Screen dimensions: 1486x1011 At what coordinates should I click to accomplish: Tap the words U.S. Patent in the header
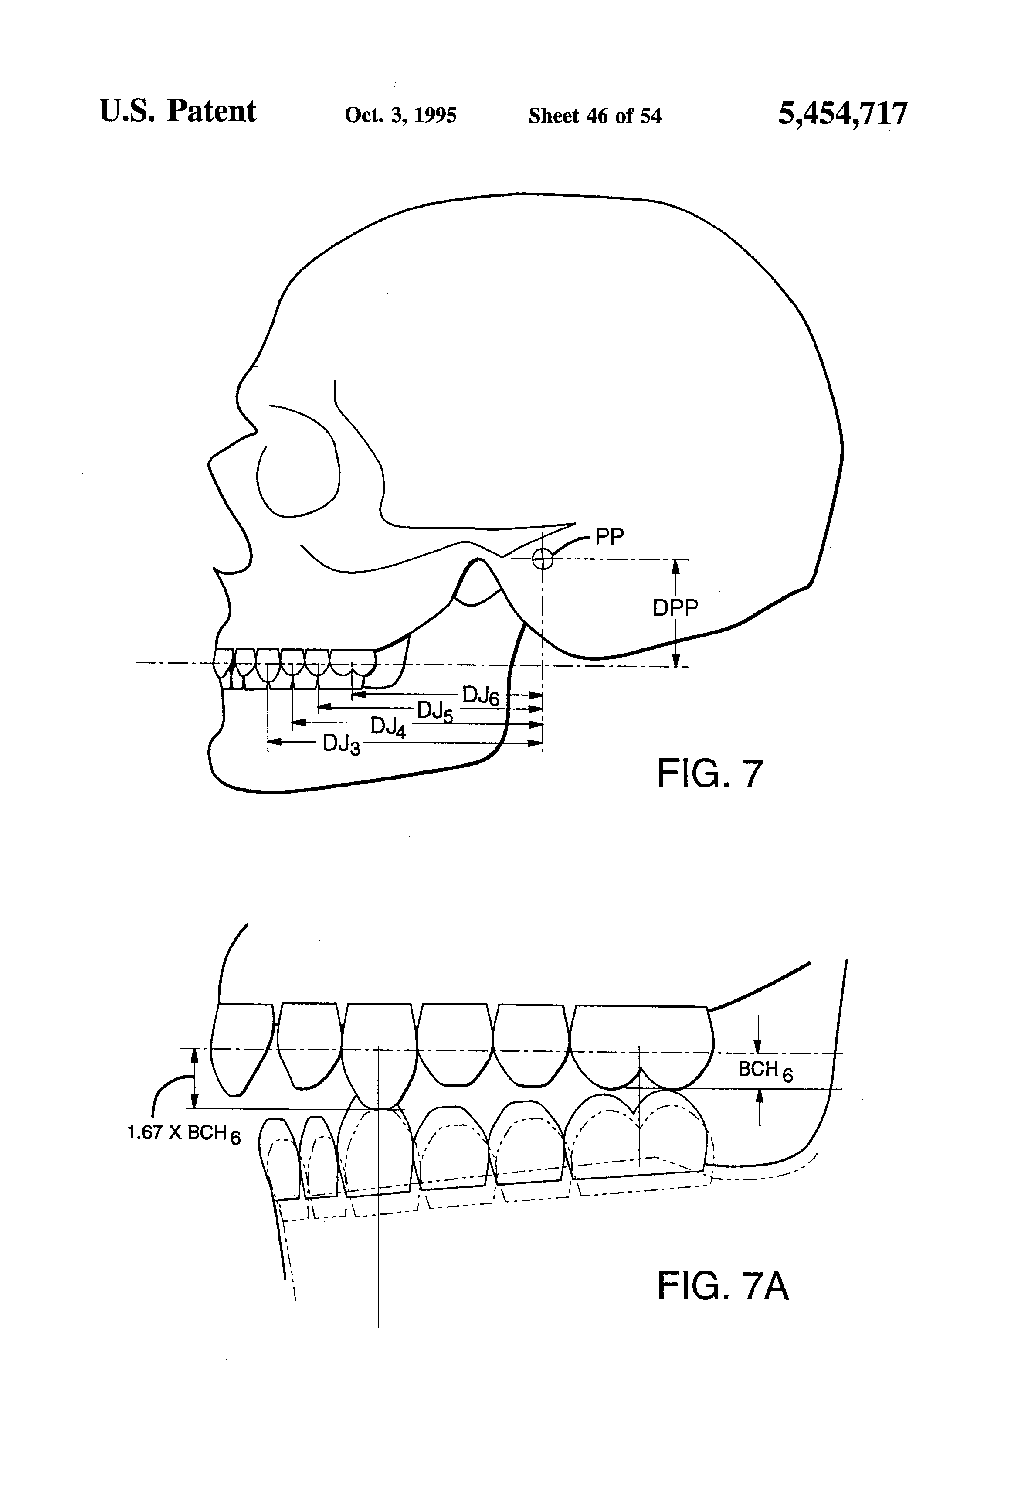[178, 111]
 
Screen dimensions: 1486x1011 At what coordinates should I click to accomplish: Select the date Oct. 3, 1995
[400, 115]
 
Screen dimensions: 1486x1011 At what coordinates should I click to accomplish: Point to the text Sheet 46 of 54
[594, 116]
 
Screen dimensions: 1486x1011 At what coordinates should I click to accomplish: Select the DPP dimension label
[675, 607]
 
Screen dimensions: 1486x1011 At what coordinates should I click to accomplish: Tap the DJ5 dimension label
[434, 711]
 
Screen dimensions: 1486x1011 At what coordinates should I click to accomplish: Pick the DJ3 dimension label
[341, 744]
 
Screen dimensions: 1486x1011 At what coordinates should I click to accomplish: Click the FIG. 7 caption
[709, 773]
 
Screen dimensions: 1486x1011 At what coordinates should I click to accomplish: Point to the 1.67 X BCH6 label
[184, 1134]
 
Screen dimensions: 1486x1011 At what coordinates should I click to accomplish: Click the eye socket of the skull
[297, 470]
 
